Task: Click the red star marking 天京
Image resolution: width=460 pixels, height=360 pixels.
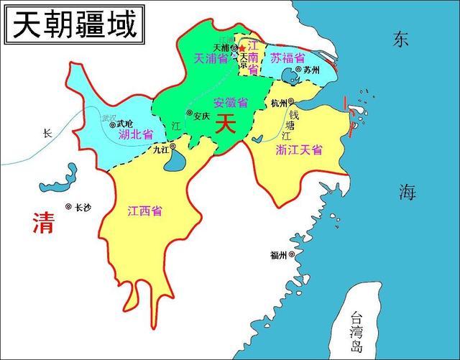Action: (x=242, y=48)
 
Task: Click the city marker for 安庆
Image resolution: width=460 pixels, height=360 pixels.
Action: (x=189, y=114)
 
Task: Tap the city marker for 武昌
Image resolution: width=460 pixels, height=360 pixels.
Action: (x=113, y=124)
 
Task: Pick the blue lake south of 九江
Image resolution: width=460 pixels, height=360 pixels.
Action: (x=174, y=162)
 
